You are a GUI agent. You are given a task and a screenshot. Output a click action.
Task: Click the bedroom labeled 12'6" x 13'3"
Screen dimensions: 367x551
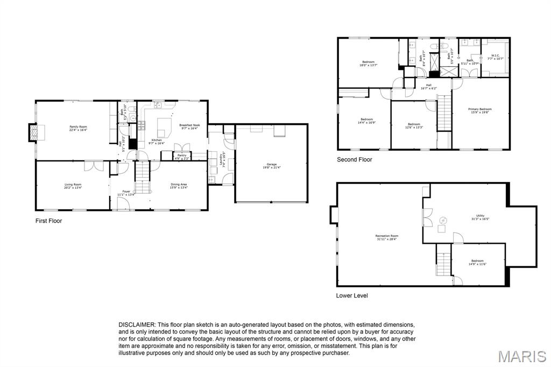pos(414,125)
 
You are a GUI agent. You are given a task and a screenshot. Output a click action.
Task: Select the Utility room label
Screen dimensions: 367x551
pos(480,217)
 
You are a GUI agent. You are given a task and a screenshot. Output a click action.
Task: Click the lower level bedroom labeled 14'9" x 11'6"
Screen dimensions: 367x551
pos(477,262)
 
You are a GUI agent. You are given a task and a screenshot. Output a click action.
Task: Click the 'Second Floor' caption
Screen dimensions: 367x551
pos(354,160)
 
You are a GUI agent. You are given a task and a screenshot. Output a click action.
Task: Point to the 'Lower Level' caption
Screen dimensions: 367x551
pos(352,295)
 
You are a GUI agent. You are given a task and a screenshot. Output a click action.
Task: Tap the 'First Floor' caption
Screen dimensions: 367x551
pos(48,221)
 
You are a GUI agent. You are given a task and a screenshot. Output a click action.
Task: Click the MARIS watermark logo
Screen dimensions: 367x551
pos(521,356)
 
